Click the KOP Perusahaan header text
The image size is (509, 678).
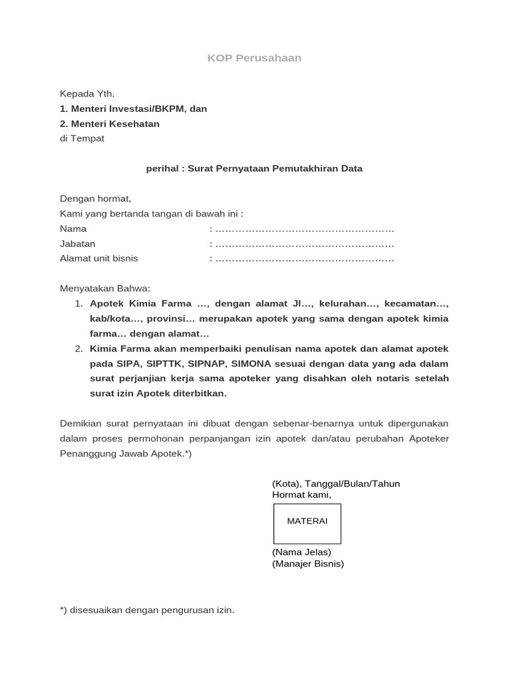click(x=254, y=58)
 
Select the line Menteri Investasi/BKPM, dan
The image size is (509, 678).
click(x=133, y=109)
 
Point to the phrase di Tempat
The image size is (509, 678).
click(x=82, y=138)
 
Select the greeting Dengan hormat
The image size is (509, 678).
click(x=95, y=199)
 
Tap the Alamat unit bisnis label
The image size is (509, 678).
click(x=99, y=258)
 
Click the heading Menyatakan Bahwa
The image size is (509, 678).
click(x=105, y=289)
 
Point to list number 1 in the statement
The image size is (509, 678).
click(x=78, y=304)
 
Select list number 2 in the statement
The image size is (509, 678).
click(x=78, y=349)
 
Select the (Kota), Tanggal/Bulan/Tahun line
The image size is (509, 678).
click(x=335, y=483)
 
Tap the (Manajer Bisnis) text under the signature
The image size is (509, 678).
click(x=308, y=564)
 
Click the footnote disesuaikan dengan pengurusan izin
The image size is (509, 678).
click(x=147, y=610)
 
